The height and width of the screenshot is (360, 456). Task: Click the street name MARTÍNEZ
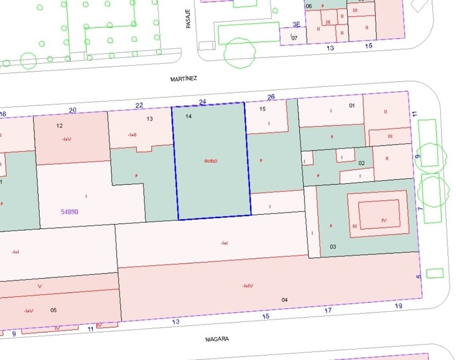coord(183,79)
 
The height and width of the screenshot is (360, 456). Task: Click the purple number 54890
coord(69,212)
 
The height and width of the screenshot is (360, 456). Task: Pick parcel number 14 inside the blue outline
coord(188,116)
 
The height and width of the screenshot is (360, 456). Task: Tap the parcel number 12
coord(59,126)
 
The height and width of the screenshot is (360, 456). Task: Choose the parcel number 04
coord(284,299)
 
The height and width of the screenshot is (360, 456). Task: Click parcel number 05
coord(53,310)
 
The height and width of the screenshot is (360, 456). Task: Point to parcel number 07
coord(294,38)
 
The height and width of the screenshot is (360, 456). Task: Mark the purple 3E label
coord(297,25)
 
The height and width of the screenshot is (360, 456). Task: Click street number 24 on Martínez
coord(203,102)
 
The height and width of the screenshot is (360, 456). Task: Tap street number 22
coord(139,105)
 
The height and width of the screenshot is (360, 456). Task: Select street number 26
coord(270,97)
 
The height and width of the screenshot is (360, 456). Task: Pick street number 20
coord(73,110)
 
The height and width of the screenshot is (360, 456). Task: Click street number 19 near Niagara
coord(398,305)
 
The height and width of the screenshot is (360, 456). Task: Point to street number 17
coord(327,311)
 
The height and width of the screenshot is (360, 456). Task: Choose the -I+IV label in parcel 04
coord(248,285)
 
